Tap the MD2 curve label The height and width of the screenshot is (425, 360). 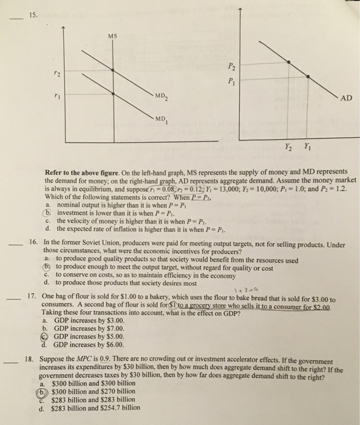(x=161, y=98)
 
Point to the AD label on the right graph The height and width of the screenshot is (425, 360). (x=344, y=98)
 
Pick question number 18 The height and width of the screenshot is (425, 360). (x=34, y=359)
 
